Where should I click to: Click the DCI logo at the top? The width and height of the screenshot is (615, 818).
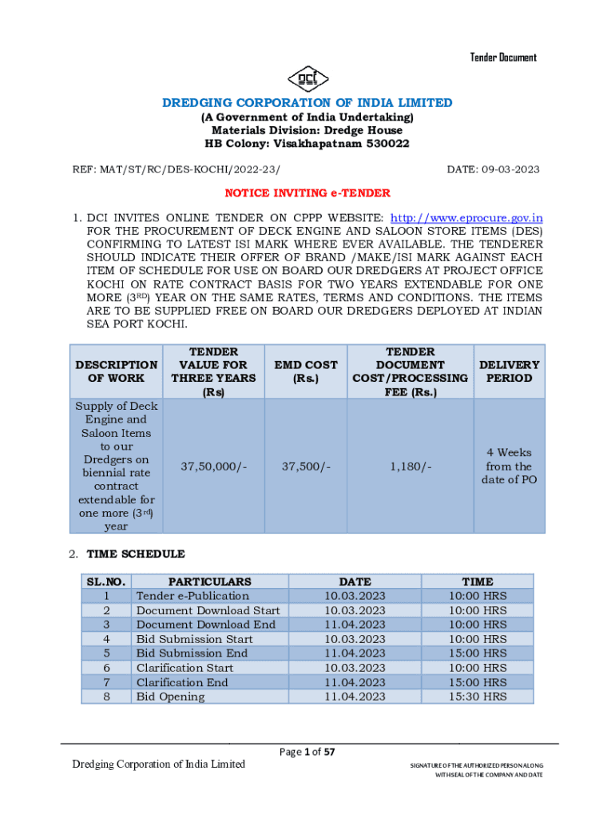click(x=307, y=77)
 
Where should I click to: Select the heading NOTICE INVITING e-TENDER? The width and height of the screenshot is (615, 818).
click(x=307, y=193)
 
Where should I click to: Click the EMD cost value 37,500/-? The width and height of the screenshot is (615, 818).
click(x=306, y=467)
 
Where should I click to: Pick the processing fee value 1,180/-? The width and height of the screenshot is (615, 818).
click(x=411, y=467)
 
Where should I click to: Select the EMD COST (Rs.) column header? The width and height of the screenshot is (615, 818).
click(x=306, y=371)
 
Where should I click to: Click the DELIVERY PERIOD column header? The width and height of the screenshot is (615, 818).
click(x=509, y=371)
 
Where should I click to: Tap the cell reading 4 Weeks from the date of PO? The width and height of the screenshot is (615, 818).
click(x=509, y=467)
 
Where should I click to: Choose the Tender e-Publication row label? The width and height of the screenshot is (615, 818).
click(x=192, y=596)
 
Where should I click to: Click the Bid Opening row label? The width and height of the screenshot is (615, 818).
click(x=170, y=697)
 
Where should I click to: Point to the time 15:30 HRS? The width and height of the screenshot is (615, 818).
click(x=478, y=697)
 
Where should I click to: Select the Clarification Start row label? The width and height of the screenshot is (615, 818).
click(x=184, y=668)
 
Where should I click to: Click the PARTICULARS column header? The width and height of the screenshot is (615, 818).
click(x=209, y=582)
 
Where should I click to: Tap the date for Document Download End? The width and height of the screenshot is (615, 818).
click(x=355, y=625)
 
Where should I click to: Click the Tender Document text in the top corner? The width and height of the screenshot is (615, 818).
click(x=502, y=58)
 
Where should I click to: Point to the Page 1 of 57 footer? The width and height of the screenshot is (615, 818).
click(x=307, y=752)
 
